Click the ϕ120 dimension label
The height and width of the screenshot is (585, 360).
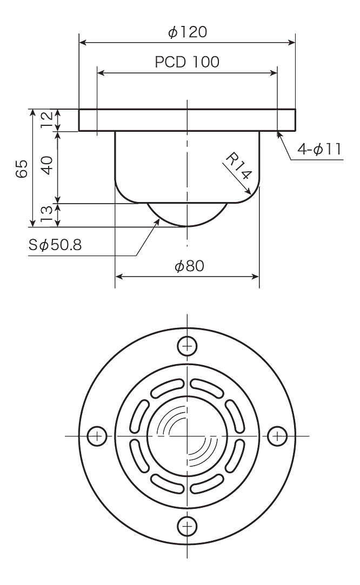[188, 32]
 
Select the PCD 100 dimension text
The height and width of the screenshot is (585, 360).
[187, 62]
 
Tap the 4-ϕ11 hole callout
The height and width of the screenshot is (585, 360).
[319, 150]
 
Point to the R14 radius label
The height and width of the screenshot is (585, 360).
[239, 166]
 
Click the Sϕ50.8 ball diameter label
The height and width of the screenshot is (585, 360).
[55, 245]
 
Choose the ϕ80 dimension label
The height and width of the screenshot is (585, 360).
[189, 266]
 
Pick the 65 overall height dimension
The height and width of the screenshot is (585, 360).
[22, 169]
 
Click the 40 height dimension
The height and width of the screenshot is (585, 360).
[46, 166]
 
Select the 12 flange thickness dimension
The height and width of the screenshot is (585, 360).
[47, 120]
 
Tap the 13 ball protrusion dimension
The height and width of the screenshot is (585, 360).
[47, 214]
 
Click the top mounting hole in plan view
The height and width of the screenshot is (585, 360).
[187, 346]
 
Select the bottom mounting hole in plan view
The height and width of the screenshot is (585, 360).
[187, 527]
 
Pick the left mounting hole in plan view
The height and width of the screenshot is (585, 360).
[97, 436]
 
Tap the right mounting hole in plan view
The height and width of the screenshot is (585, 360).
[277, 436]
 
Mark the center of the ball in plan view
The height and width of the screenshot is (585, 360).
[187, 436]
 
